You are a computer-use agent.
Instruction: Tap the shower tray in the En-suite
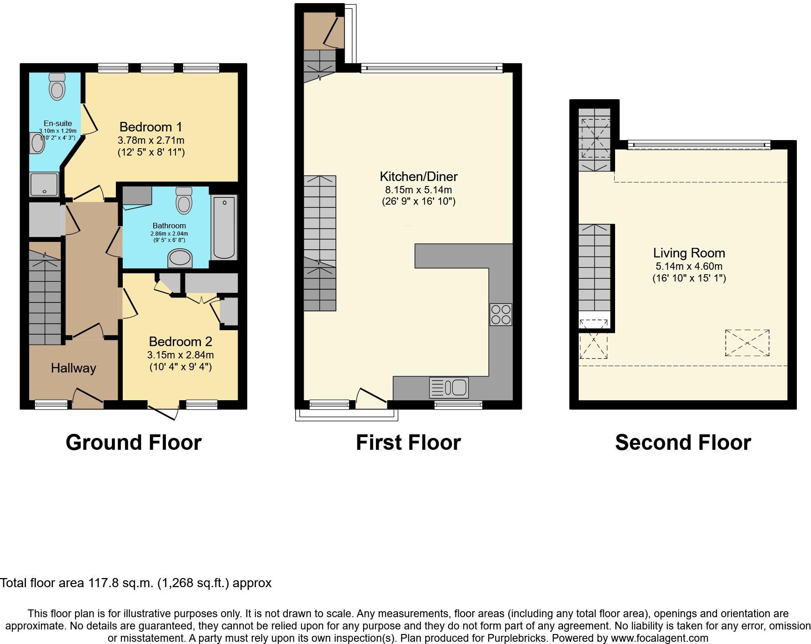coord(44,185)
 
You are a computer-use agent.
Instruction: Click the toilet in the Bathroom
coord(184,201)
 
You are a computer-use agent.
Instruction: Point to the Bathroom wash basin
coord(180,258)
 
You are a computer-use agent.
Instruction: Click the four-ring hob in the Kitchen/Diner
coord(501,314)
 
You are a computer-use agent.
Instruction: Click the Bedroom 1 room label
coord(151,127)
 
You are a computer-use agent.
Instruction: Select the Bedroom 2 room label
coord(180,342)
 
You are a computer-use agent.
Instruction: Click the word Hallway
coord(73,368)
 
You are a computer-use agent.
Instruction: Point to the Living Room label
coord(689,253)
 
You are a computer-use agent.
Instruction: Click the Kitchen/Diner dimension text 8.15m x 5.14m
coord(418,190)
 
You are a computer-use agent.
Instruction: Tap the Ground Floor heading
coord(133,443)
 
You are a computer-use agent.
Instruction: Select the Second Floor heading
coord(683,443)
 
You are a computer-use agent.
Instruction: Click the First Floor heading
coord(408,443)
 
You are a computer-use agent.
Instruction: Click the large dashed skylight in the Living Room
coord(747,343)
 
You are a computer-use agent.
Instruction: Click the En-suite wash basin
coord(38,143)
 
